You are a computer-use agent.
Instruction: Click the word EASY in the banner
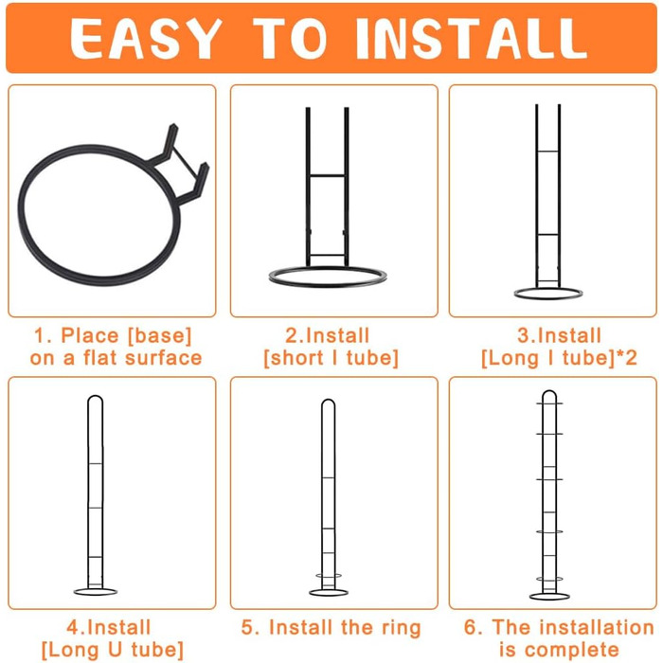[x=146, y=39]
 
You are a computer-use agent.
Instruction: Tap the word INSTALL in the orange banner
[x=472, y=39]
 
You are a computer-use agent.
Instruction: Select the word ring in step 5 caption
[x=402, y=629]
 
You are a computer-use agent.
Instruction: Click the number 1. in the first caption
[x=43, y=336]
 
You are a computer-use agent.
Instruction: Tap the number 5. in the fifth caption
[x=250, y=627]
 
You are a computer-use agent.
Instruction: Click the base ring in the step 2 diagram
[x=328, y=286]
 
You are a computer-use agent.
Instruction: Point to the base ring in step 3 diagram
[x=548, y=298]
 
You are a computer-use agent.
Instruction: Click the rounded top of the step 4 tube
[x=95, y=397]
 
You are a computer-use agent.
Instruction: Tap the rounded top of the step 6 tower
[x=549, y=391]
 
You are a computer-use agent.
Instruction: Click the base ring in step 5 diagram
[x=329, y=596]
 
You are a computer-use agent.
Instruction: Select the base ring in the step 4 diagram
[x=96, y=595]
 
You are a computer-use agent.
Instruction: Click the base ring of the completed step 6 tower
[x=549, y=600]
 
